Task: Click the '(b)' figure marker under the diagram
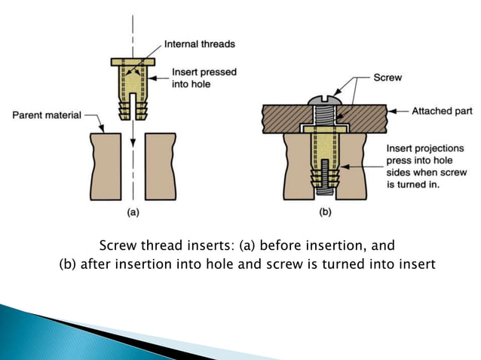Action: (x=326, y=212)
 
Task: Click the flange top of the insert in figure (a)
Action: (x=133, y=60)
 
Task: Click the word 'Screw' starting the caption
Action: (x=118, y=246)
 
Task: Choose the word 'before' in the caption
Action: (x=271, y=246)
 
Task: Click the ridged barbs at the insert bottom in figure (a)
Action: (x=133, y=111)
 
